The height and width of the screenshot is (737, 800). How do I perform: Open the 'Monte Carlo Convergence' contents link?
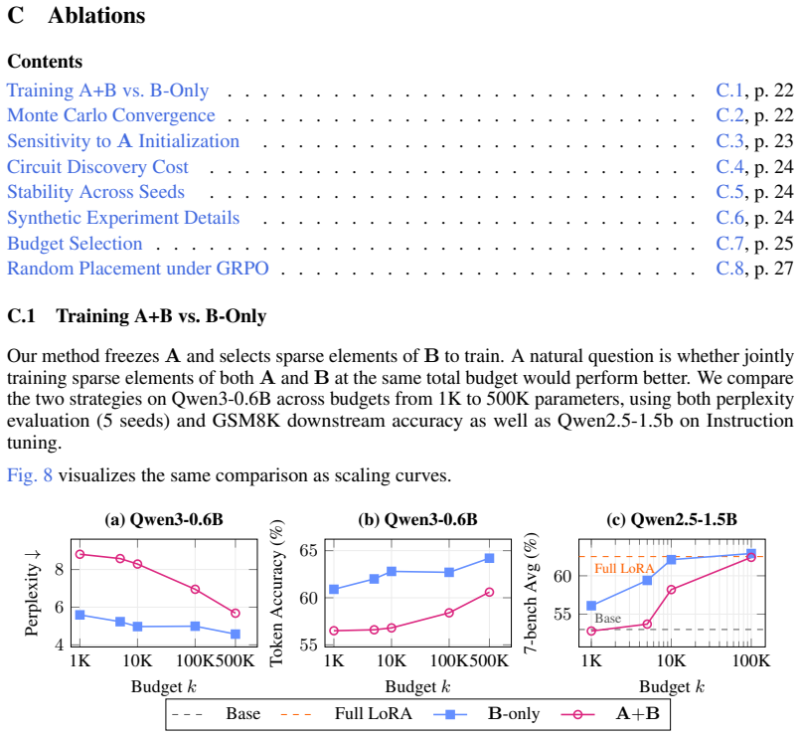[111, 115]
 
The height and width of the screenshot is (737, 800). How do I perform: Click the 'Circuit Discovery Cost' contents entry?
[97, 166]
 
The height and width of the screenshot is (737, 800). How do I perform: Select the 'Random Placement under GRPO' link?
[138, 269]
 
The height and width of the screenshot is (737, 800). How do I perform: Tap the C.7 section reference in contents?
[729, 244]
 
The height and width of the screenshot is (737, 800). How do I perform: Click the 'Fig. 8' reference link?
[30, 475]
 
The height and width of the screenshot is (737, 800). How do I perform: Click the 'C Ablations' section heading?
[77, 15]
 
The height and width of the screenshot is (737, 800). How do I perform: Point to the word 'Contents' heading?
[45, 62]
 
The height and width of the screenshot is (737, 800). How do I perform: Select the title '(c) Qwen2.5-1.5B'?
[672, 519]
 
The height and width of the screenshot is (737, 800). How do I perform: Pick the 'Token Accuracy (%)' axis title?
[276, 593]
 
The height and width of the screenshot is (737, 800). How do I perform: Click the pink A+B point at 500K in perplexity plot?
[236, 613]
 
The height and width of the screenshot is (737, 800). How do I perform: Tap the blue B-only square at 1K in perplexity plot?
[80, 615]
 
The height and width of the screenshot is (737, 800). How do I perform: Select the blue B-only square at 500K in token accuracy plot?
[489, 558]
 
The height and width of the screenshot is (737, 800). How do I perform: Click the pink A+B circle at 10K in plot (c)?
[672, 590]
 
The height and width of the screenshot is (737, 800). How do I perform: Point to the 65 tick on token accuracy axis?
[308, 551]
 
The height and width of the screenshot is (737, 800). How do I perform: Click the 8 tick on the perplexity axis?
[60, 569]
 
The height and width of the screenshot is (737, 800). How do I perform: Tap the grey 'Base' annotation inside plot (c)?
[607, 619]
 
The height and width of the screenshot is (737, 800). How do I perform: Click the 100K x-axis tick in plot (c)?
[751, 660]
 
